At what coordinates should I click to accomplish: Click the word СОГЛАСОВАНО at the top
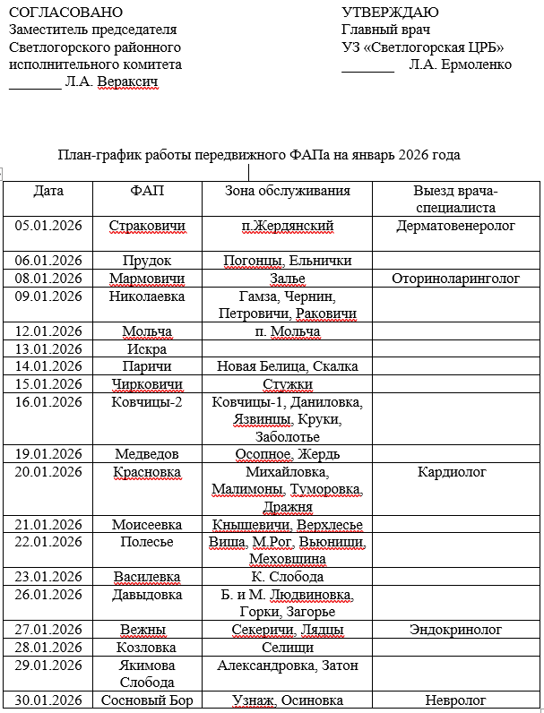pyautogui.click(x=66, y=13)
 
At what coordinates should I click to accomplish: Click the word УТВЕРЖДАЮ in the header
pyautogui.click(x=391, y=13)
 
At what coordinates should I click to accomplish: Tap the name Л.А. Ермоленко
pyautogui.click(x=460, y=64)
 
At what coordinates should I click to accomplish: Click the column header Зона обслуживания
pyautogui.click(x=288, y=191)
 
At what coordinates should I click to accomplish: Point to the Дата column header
pyautogui.click(x=48, y=191)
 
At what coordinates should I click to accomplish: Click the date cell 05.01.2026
pyautogui.click(x=48, y=226)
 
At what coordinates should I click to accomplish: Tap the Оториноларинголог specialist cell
pyautogui.click(x=455, y=279)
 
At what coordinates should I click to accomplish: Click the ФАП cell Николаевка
pyautogui.click(x=147, y=296)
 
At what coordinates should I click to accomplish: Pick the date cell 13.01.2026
pyautogui.click(x=48, y=348)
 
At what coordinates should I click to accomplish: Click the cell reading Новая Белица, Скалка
pyautogui.click(x=288, y=366)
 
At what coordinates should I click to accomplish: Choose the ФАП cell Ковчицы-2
pyautogui.click(x=147, y=401)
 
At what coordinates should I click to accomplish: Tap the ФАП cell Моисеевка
pyautogui.click(x=147, y=524)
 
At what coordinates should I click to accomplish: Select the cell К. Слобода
pyautogui.click(x=288, y=577)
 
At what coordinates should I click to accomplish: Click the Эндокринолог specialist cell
pyautogui.click(x=455, y=630)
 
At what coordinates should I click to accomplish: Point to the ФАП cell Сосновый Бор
pyautogui.click(x=147, y=700)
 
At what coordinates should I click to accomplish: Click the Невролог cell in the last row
pyautogui.click(x=455, y=700)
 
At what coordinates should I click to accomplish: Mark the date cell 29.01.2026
pyautogui.click(x=48, y=666)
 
